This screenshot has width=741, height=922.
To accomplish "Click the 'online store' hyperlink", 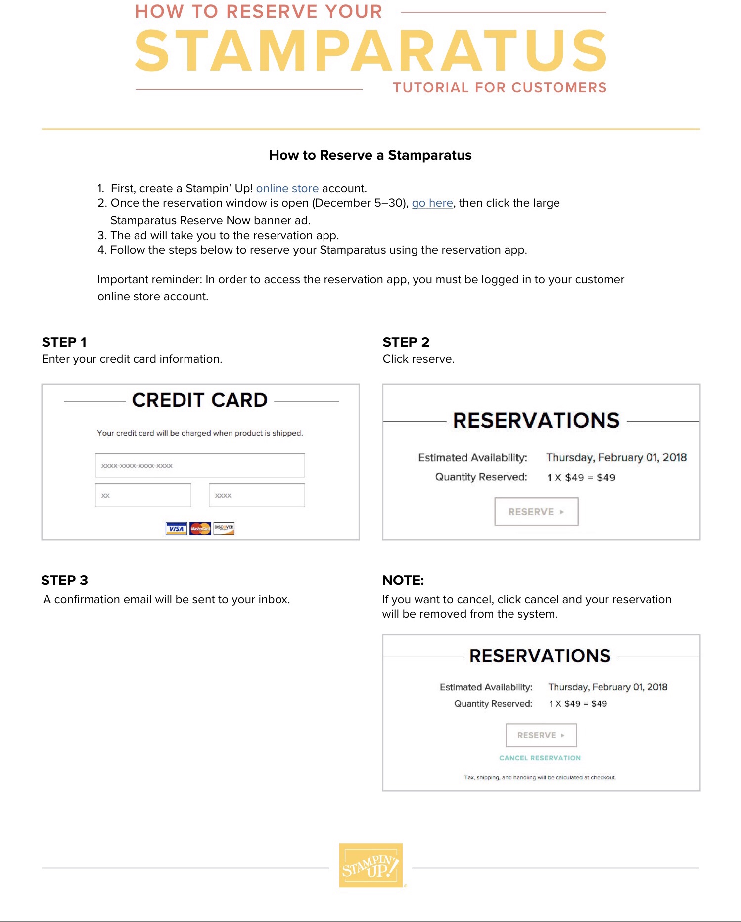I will click(287, 189).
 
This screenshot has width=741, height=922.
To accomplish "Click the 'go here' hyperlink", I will click(432, 203).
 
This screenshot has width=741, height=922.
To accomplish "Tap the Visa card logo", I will click(176, 529).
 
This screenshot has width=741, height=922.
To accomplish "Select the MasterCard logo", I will click(200, 529).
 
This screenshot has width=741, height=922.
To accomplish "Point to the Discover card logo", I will click(224, 529).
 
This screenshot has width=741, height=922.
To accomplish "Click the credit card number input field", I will click(200, 465).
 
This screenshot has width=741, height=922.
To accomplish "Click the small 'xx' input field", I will click(143, 495).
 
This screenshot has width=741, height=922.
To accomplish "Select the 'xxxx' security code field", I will click(257, 495).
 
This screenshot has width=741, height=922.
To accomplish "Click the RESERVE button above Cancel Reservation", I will click(541, 735).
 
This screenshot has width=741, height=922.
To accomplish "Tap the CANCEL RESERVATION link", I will click(540, 758).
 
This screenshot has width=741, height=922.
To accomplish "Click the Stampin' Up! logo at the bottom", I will click(371, 866).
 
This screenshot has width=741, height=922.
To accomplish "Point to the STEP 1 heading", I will click(64, 342).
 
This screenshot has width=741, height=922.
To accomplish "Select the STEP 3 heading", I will click(65, 580).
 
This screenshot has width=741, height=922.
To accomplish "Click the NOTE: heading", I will click(403, 580).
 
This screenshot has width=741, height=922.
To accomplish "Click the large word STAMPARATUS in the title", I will click(371, 50).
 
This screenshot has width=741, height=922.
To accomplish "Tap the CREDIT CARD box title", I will click(200, 400).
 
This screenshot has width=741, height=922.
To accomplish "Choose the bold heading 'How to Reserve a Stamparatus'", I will click(370, 155).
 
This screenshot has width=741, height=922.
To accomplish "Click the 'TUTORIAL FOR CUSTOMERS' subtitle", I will click(500, 88).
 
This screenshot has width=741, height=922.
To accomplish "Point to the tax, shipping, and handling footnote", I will click(540, 777).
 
